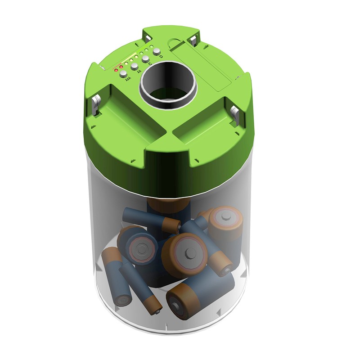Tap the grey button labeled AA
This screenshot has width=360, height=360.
click(135, 67)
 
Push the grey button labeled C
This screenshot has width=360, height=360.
click(145, 59)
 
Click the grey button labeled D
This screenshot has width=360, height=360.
click(157, 52)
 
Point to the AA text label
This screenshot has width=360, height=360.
click(139, 71)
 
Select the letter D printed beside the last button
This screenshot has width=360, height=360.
click(161, 57)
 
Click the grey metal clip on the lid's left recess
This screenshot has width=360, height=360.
click(95, 104)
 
